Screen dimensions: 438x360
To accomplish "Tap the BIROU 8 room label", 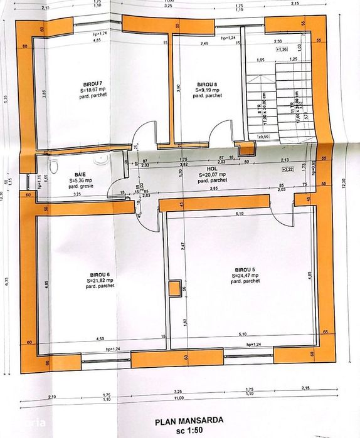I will pos(206,84).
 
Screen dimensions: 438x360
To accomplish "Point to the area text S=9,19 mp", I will pos(206,90).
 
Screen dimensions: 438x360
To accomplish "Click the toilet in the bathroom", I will pos(54,166).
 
